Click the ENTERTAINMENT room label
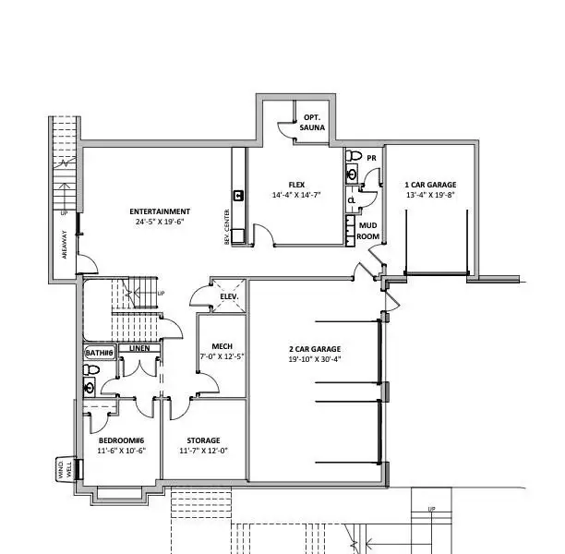[160, 211]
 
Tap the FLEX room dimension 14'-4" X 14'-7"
[296, 195]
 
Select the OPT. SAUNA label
[312, 123]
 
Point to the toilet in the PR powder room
[354, 156]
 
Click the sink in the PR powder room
[352, 175]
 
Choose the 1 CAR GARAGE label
[430, 185]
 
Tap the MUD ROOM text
[368, 231]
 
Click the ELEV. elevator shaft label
[229, 296]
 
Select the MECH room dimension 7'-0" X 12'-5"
[222, 356]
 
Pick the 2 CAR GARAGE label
[315, 349]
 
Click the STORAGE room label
[204, 440]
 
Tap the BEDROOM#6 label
[122, 440]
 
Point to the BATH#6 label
[100, 353]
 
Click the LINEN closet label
[139, 348]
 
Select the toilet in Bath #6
[91, 369]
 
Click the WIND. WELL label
[65, 469]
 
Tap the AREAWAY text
[65, 245]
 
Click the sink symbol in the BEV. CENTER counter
[238, 196]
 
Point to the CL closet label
[352, 200]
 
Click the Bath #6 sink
[89, 388]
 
